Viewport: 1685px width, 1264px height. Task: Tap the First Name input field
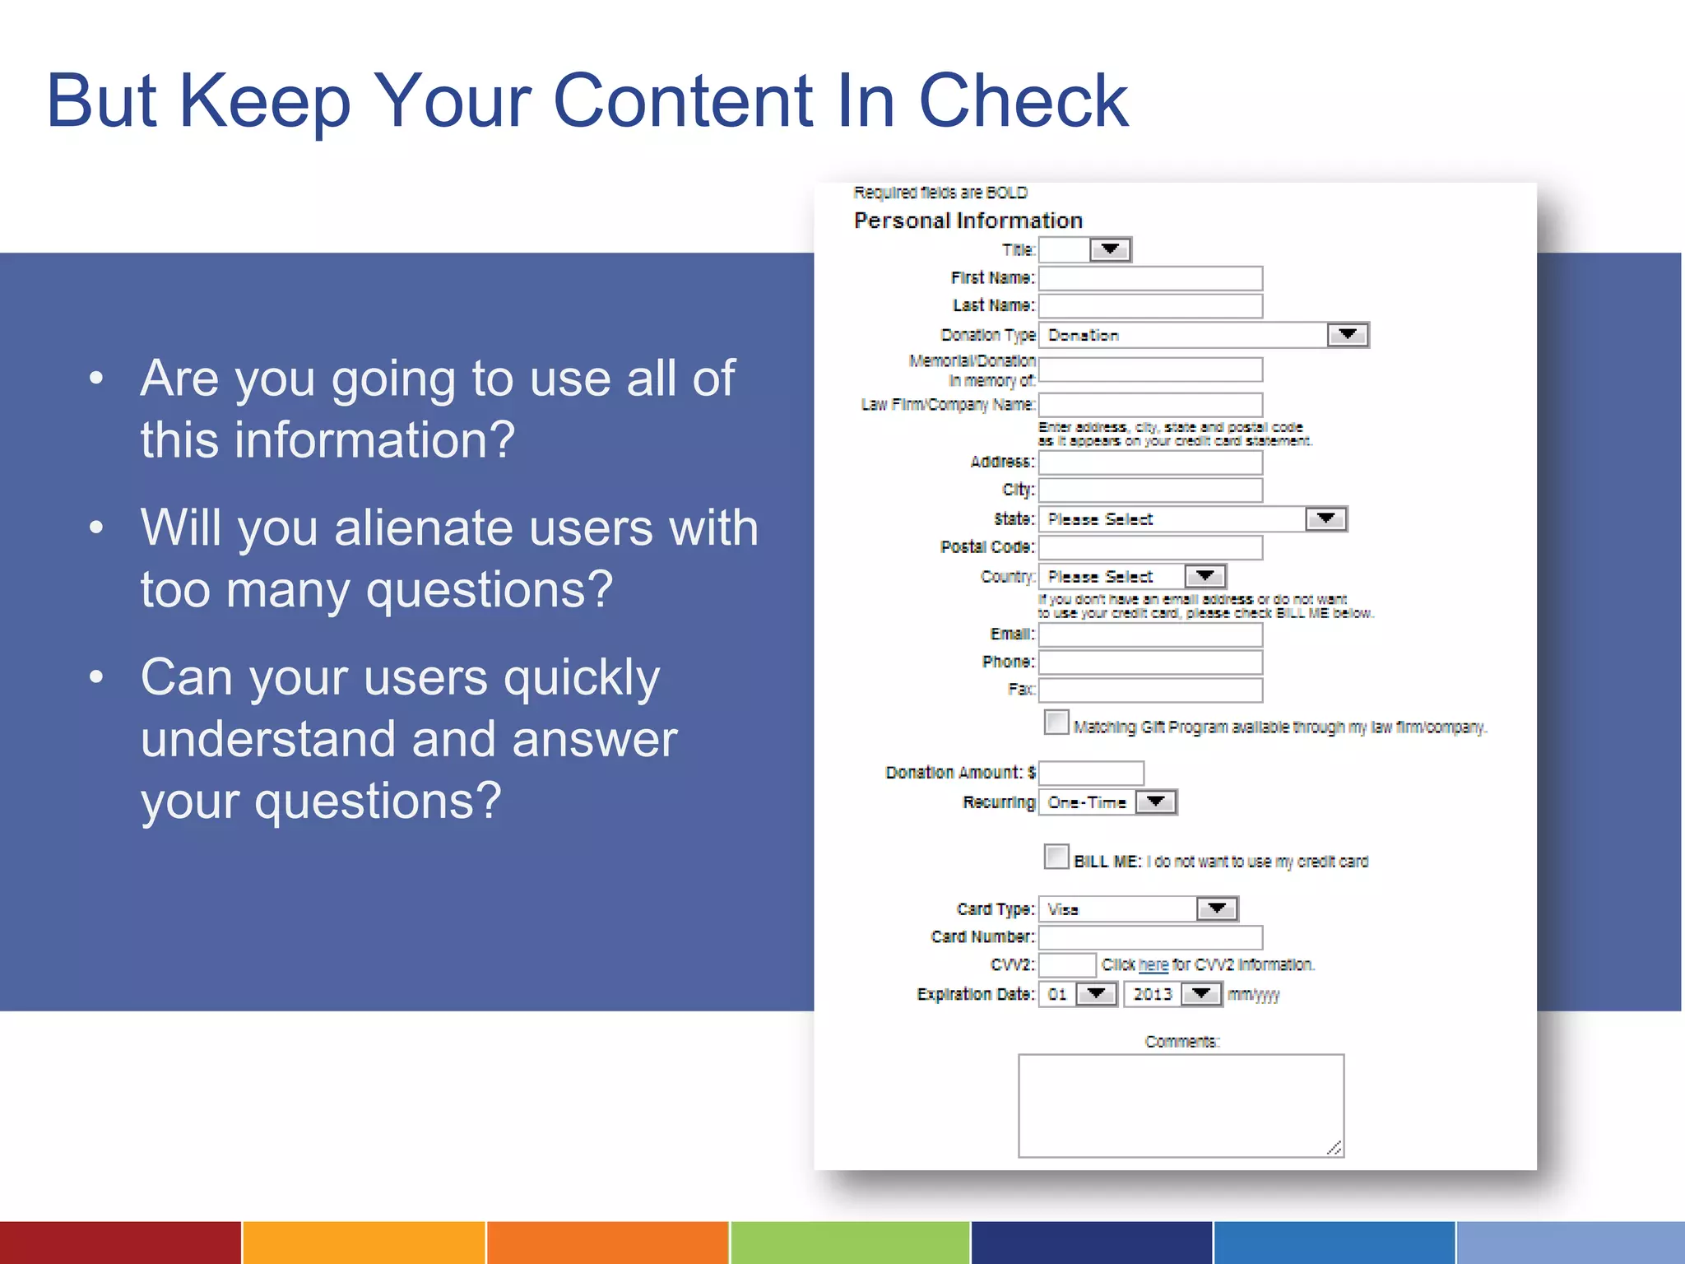pos(1150,278)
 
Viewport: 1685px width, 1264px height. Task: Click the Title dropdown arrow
pos(1110,249)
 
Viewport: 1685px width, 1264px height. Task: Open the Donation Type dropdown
pos(1203,335)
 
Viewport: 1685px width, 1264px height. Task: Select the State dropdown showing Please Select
pos(1191,519)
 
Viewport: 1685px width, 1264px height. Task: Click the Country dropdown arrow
pos(1205,576)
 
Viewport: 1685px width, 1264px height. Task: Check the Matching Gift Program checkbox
pos(1056,723)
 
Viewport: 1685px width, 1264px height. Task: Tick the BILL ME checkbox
pos(1056,857)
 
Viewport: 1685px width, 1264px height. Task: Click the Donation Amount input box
pos(1091,773)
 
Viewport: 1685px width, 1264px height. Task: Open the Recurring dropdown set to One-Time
pos(1107,802)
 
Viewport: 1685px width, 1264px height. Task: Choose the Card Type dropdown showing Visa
pos(1138,909)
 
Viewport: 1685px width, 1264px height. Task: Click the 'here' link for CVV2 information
pos(1153,965)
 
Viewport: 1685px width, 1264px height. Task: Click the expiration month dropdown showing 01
pos(1077,994)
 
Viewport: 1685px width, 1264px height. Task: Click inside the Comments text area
pos(1181,1105)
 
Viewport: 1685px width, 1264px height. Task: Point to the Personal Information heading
pos(968,221)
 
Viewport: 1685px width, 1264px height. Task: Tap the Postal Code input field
pos(1150,547)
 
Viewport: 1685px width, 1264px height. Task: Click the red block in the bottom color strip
pos(120,1243)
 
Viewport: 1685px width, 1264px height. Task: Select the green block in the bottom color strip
pos(849,1243)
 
